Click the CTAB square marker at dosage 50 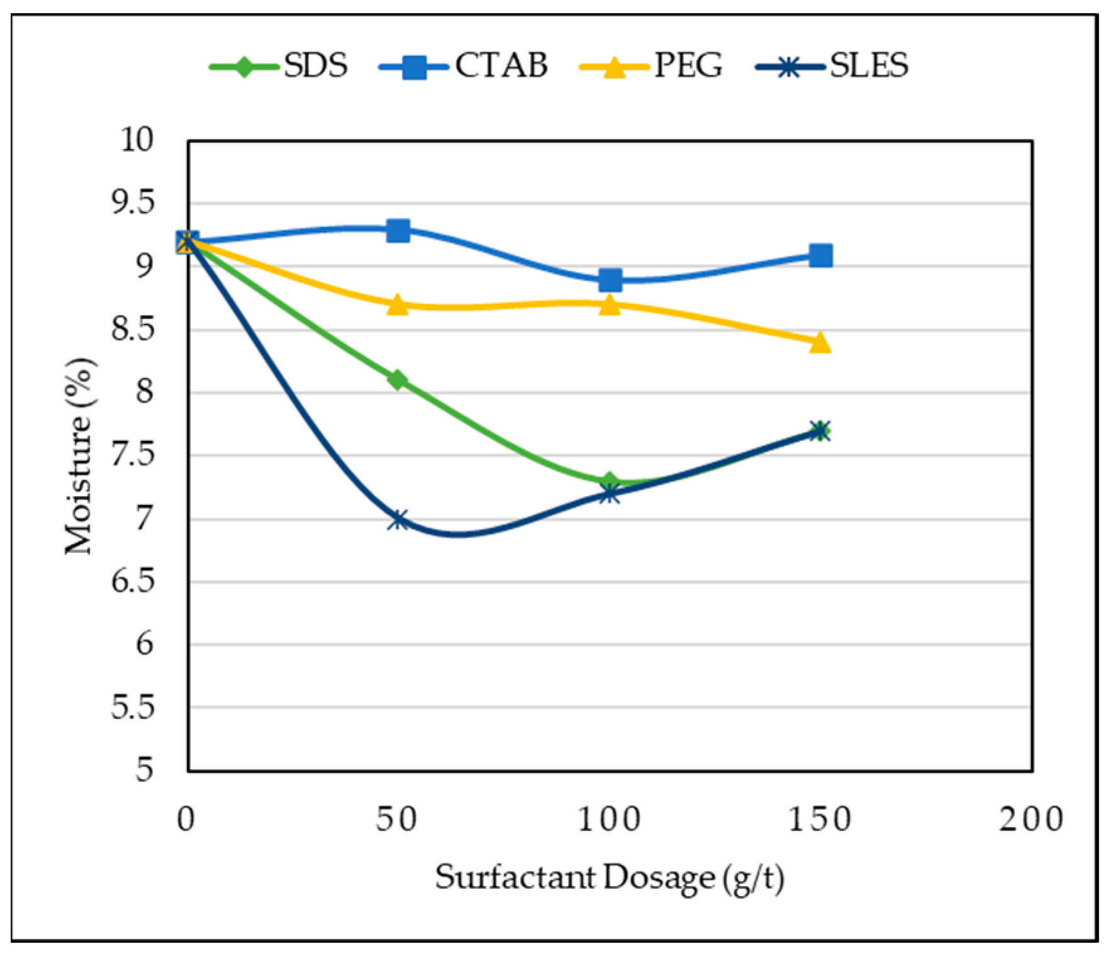[x=398, y=230]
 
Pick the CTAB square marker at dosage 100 [x=610, y=280]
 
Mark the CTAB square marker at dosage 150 [x=820, y=255]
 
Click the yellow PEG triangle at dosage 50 [x=398, y=306]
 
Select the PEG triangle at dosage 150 [x=820, y=343]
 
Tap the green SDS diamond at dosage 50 [x=398, y=380]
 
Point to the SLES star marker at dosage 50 [x=398, y=520]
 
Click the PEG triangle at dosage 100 [x=609, y=306]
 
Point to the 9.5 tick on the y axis [x=133, y=203]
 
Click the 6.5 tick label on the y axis [x=133, y=581]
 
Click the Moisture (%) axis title [x=81, y=456]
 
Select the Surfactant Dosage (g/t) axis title [x=609, y=878]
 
